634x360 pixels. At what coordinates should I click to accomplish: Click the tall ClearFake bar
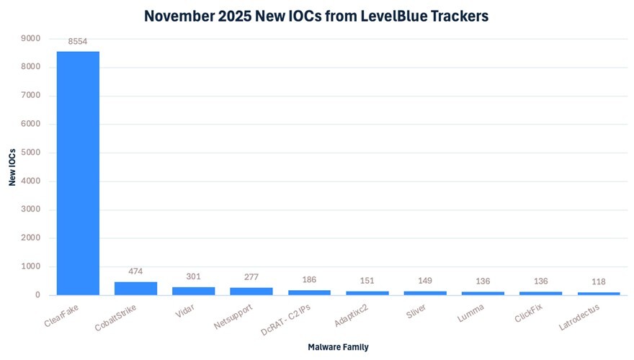78,173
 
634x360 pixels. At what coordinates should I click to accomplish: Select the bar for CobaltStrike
135,288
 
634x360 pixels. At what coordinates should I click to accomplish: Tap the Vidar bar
193,291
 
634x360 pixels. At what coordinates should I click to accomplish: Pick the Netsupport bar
251,291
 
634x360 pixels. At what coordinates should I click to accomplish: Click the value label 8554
78,42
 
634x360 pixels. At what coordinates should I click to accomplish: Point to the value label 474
135,271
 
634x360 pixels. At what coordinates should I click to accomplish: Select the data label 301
193,276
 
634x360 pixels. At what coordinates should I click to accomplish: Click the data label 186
309,279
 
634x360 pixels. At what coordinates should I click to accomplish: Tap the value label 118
599,282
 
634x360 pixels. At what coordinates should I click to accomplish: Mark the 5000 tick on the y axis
31,153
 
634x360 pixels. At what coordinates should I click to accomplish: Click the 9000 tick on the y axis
31,38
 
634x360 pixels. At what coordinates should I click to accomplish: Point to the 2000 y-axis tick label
31,238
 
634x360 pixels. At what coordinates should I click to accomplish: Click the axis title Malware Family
338,347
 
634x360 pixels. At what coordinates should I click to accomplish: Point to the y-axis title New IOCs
12,166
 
